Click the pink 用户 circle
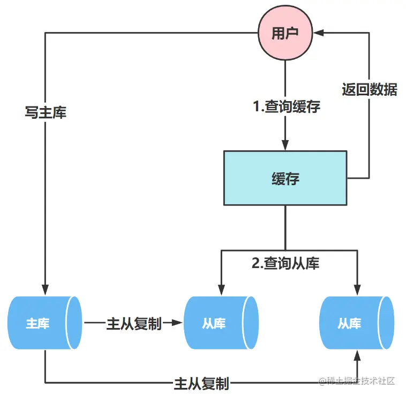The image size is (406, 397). [x=284, y=33]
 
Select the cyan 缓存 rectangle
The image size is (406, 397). [x=285, y=178]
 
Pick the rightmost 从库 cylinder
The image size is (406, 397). [x=356, y=323]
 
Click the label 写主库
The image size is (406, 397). [x=46, y=113]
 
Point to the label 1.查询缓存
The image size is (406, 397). [x=287, y=106]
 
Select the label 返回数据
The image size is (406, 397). [x=370, y=89]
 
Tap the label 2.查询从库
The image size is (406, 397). [x=285, y=263]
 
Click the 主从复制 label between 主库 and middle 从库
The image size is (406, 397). [x=134, y=324]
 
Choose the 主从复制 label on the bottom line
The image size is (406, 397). [x=201, y=383]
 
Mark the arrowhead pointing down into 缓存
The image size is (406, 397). [x=285, y=146]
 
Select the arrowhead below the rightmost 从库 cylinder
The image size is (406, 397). [x=356, y=356]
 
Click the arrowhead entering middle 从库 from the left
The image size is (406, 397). [x=178, y=323]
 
